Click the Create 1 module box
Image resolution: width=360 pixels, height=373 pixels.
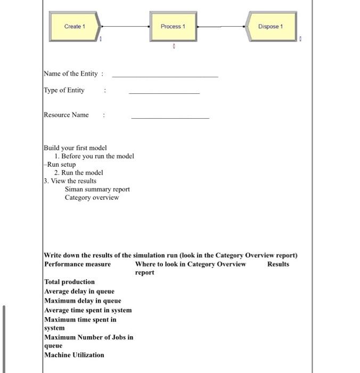(74, 27)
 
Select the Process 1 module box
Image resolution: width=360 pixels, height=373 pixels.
(173, 27)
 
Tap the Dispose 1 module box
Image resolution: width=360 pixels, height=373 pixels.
(271, 27)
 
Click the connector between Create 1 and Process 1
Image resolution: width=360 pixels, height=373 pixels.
(126, 26)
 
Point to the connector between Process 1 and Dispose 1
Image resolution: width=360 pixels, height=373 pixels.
(221, 26)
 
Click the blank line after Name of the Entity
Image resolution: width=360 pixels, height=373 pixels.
(165, 77)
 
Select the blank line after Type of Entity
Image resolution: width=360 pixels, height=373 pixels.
(164, 93)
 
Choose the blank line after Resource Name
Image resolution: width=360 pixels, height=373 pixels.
(170, 118)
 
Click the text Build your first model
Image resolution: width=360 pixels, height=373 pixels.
(75, 148)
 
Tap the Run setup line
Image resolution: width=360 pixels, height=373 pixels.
(61, 165)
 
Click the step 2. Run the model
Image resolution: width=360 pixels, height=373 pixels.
(78, 173)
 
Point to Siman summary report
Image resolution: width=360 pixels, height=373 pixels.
(97, 189)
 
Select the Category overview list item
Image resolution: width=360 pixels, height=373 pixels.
(92, 198)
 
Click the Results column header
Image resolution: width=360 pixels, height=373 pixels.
(278, 264)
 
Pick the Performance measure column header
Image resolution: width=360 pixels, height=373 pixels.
(78, 264)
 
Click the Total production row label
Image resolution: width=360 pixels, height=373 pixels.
(69, 282)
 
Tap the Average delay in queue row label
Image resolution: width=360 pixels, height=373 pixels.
(79, 291)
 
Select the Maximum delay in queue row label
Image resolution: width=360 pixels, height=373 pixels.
(83, 301)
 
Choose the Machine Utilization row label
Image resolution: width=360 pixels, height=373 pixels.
(74, 355)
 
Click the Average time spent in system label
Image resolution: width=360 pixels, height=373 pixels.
(88, 310)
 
